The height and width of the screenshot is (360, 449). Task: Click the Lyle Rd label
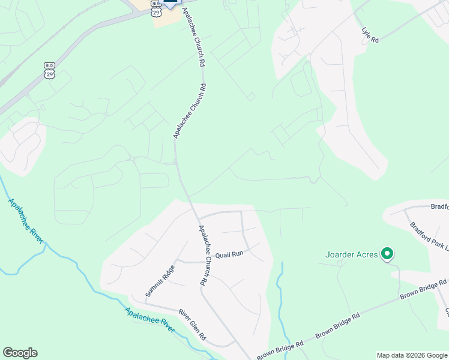pos(370,35)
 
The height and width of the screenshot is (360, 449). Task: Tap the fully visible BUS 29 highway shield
pos(49,70)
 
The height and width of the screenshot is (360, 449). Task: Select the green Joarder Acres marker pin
pos(387,254)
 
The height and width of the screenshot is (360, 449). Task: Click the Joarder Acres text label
pos(352,254)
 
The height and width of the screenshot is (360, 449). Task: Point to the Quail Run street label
pos(229,254)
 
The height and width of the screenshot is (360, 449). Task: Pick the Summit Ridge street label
pos(158,281)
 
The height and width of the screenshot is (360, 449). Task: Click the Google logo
pos(20,353)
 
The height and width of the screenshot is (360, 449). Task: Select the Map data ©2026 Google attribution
pos(412,355)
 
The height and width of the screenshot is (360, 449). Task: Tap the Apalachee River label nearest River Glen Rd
pos(149,321)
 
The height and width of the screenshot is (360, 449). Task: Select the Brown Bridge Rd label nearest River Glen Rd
pos(282,347)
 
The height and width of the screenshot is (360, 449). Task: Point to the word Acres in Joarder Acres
pos(367,254)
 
